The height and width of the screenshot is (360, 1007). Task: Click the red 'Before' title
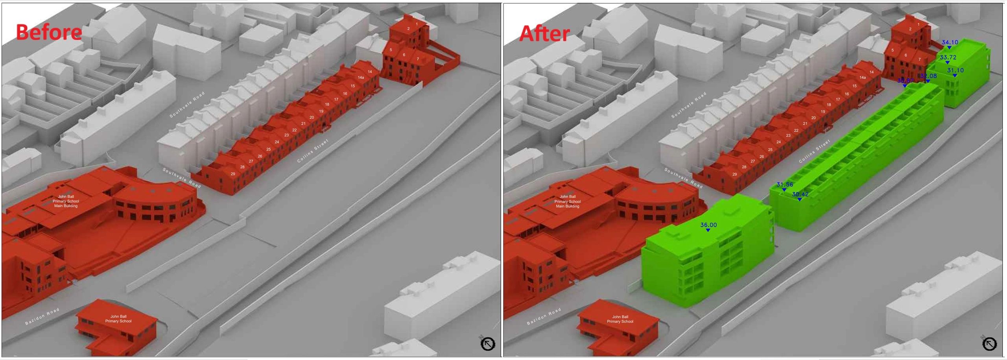pyautogui.click(x=49, y=32)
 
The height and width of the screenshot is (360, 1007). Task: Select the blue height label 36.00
pyautogui.click(x=708, y=225)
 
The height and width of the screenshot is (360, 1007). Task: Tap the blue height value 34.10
pyautogui.click(x=950, y=42)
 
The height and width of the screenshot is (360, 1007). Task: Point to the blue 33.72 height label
pyautogui.click(x=948, y=57)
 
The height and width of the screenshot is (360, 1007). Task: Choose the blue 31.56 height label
pyautogui.click(x=784, y=185)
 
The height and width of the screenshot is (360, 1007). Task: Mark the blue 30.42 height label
pyautogui.click(x=800, y=194)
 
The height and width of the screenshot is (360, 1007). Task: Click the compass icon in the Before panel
pyautogui.click(x=488, y=344)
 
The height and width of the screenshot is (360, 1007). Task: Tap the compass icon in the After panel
pyautogui.click(x=989, y=344)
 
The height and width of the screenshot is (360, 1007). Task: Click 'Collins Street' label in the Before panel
pyautogui.click(x=313, y=151)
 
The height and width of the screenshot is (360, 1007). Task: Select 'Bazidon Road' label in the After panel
pyautogui.click(x=544, y=317)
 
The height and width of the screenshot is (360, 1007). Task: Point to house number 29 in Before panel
pyautogui.click(x=233, y=174)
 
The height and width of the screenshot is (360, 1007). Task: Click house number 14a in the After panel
pyautogui.click(x=863, y=78)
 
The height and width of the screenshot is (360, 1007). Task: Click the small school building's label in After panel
pyautogui.click(x=620, y=319)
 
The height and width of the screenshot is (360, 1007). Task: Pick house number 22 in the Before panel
pyautogui.click(x=294, y=130)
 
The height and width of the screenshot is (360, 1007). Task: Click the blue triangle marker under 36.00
pyautogui.click(x=708, y=230)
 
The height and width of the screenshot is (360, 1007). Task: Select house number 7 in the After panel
pyautogui.click(x=919, y=59)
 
